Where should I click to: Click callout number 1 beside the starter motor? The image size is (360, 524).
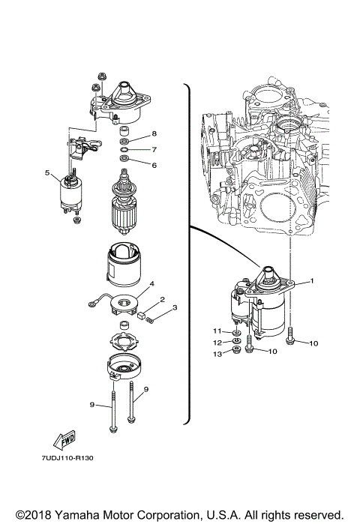(313, 280)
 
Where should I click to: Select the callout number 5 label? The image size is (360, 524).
(47, 173)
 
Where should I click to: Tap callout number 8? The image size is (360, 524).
(154, 133)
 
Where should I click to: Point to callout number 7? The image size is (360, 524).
(154, 149)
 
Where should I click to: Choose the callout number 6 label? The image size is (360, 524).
(154, 165)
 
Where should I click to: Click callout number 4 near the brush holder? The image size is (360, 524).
(151, 284)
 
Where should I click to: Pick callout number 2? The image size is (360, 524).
(162, 300)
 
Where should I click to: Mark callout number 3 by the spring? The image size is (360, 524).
(174, 308)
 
